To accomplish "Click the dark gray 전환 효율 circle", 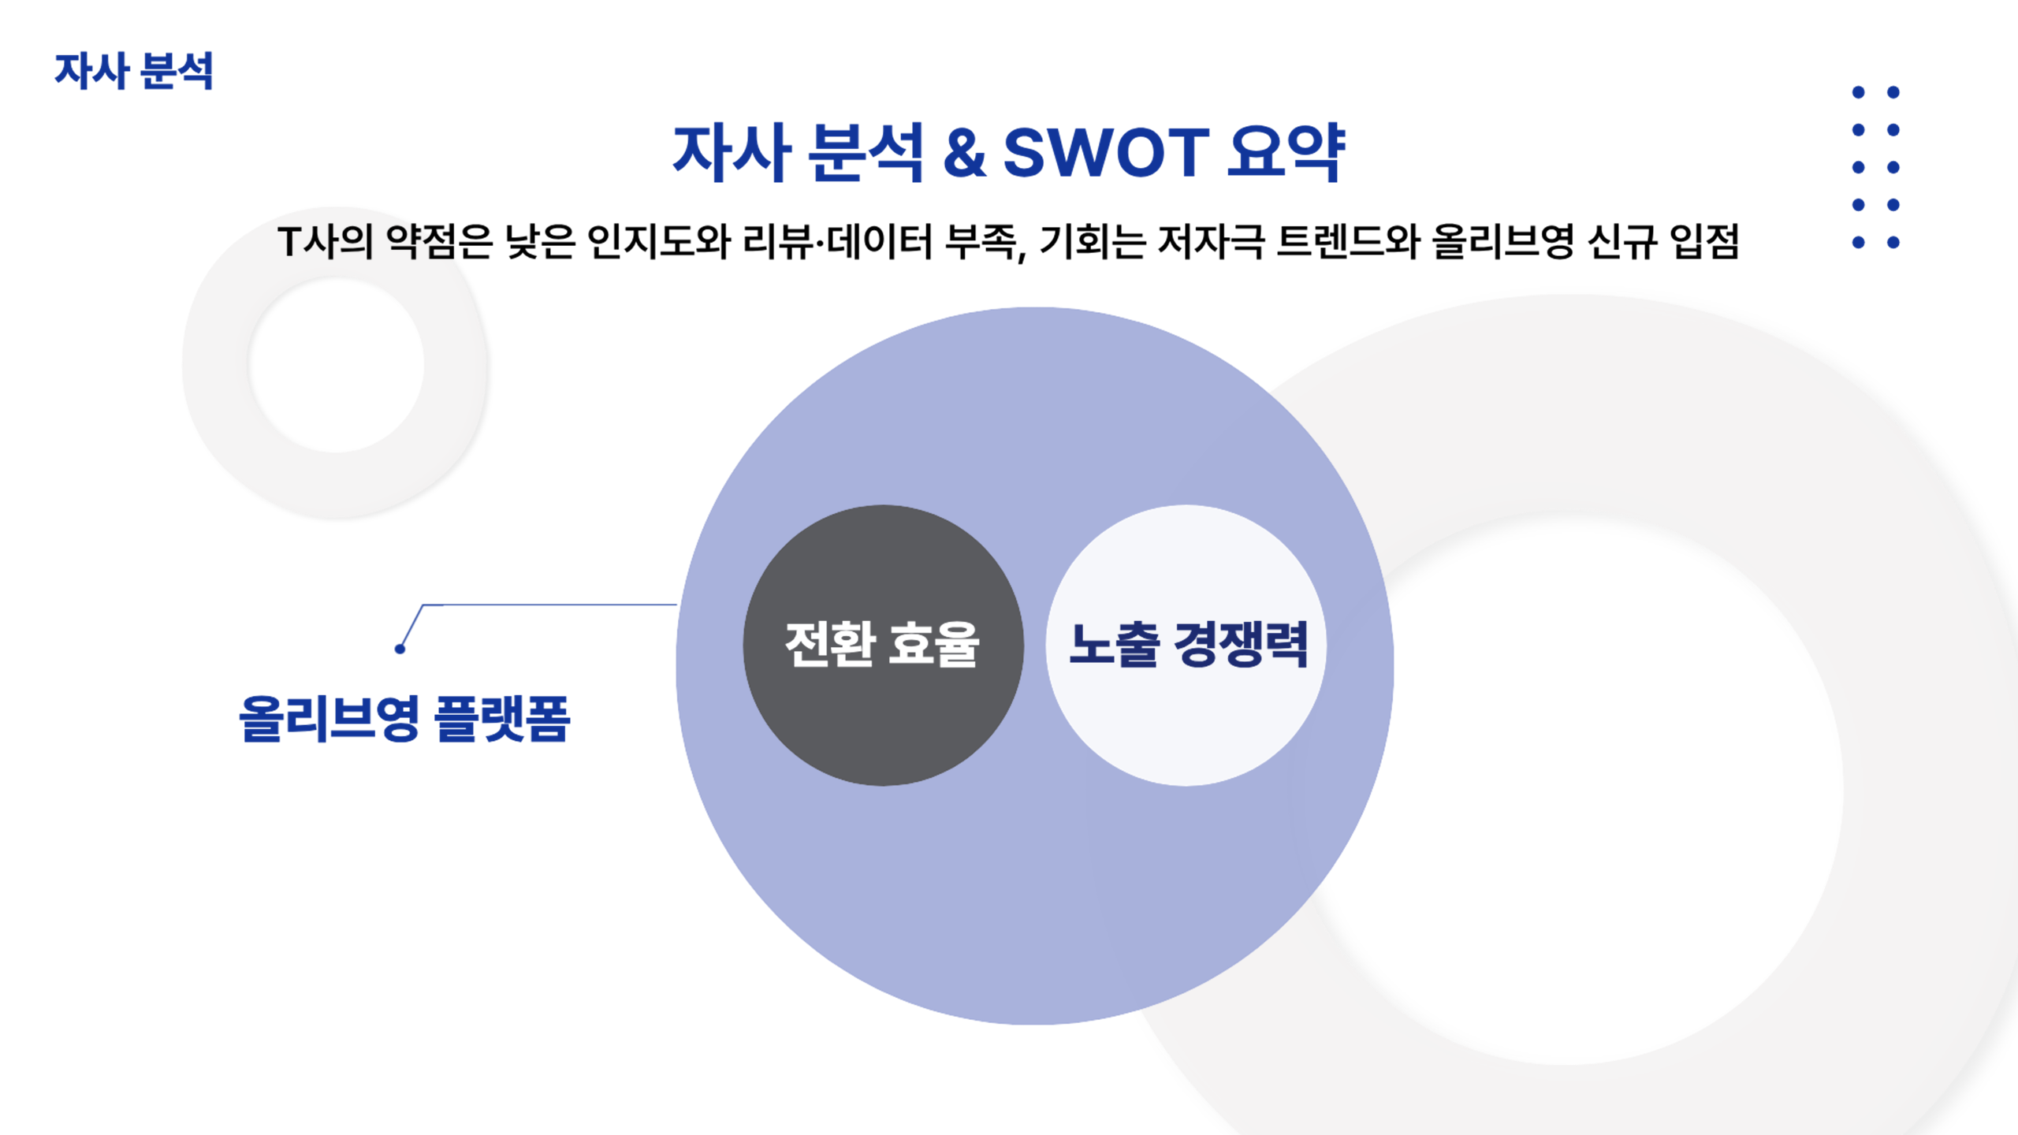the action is point(883,645).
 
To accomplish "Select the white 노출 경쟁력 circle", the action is point(1186,645).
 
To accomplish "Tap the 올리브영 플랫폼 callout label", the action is point(404,719).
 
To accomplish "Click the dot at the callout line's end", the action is point(400,649).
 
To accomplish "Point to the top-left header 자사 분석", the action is point(134,72).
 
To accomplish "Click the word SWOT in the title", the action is point(1106,152).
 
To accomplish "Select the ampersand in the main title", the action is point(965,152).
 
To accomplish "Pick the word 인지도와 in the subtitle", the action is point(659,241).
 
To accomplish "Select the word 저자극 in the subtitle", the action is point(1211,241).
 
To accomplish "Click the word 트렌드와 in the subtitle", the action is point(1348,241).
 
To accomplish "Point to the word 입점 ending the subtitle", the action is point(1704,241).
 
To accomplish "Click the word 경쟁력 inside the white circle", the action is point(1242,645).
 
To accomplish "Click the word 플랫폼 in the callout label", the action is point(502,719).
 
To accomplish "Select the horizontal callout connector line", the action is point(550,605).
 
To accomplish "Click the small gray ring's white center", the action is point(337,364).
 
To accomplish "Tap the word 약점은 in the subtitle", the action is point(439,241).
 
